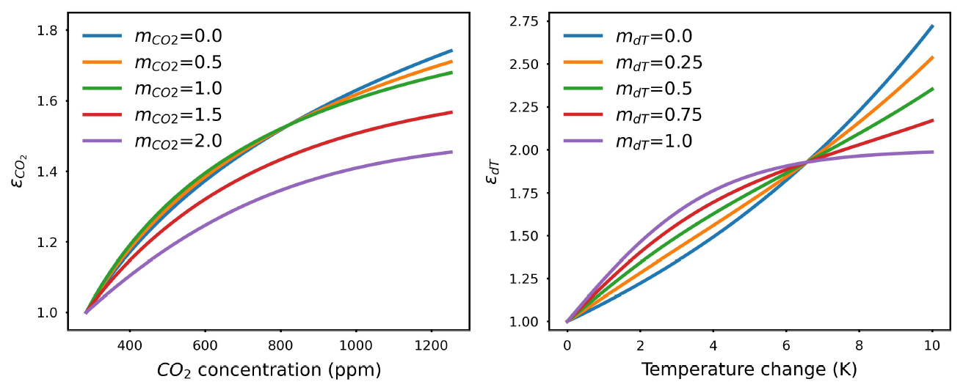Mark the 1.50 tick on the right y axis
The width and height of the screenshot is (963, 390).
522,236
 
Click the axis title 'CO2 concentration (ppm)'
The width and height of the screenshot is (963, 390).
269,369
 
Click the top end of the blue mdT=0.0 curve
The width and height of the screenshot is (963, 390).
932,26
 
